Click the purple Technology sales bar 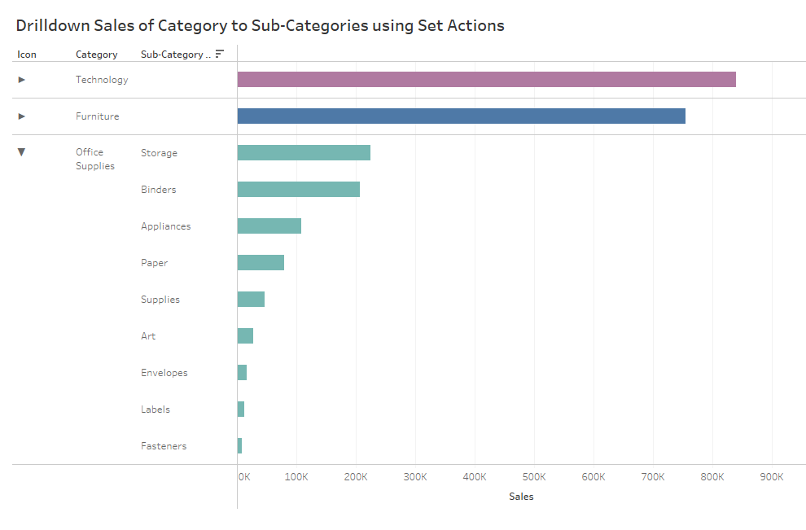point(486,80)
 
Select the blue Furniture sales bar point(461,116)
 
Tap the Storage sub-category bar point(304,153)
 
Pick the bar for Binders point(298,190)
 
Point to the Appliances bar point(269,226)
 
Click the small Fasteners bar point(239,446)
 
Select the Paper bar point(261,263)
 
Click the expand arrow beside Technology point(22,80)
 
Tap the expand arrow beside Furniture point(22,116)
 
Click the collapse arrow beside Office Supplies point(22,152)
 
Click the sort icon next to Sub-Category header point(219,54)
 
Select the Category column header point(96,55)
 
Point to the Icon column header point(27,55)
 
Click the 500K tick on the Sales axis point(534,477)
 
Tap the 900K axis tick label point(771,477)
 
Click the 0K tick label point(243,477)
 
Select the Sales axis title point(521,497)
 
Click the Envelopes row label point(164,373)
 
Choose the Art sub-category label point(147,336)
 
